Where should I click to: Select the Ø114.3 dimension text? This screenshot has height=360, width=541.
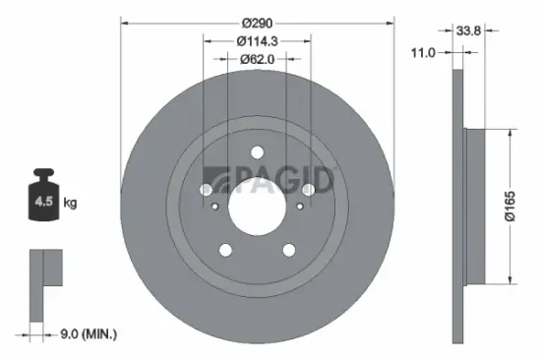tap(258, 40)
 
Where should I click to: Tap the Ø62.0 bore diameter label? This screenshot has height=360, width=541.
tap(258, 61)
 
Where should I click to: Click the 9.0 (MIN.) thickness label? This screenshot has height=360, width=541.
tap(86, 335)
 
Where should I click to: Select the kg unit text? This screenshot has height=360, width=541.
tap(70, 203)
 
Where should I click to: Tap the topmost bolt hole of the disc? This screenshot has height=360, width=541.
tap(258, 152)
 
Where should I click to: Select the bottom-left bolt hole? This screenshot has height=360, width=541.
tap(225, 250)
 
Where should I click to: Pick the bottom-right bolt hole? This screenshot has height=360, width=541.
tap(290, 250)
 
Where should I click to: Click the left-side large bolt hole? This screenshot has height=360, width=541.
tap(207, 190)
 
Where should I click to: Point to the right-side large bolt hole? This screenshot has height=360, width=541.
tap(309, 190)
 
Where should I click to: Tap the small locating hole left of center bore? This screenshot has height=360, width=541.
tap(215, 206)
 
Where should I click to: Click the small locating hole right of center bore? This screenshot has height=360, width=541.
tap(300, 206)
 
